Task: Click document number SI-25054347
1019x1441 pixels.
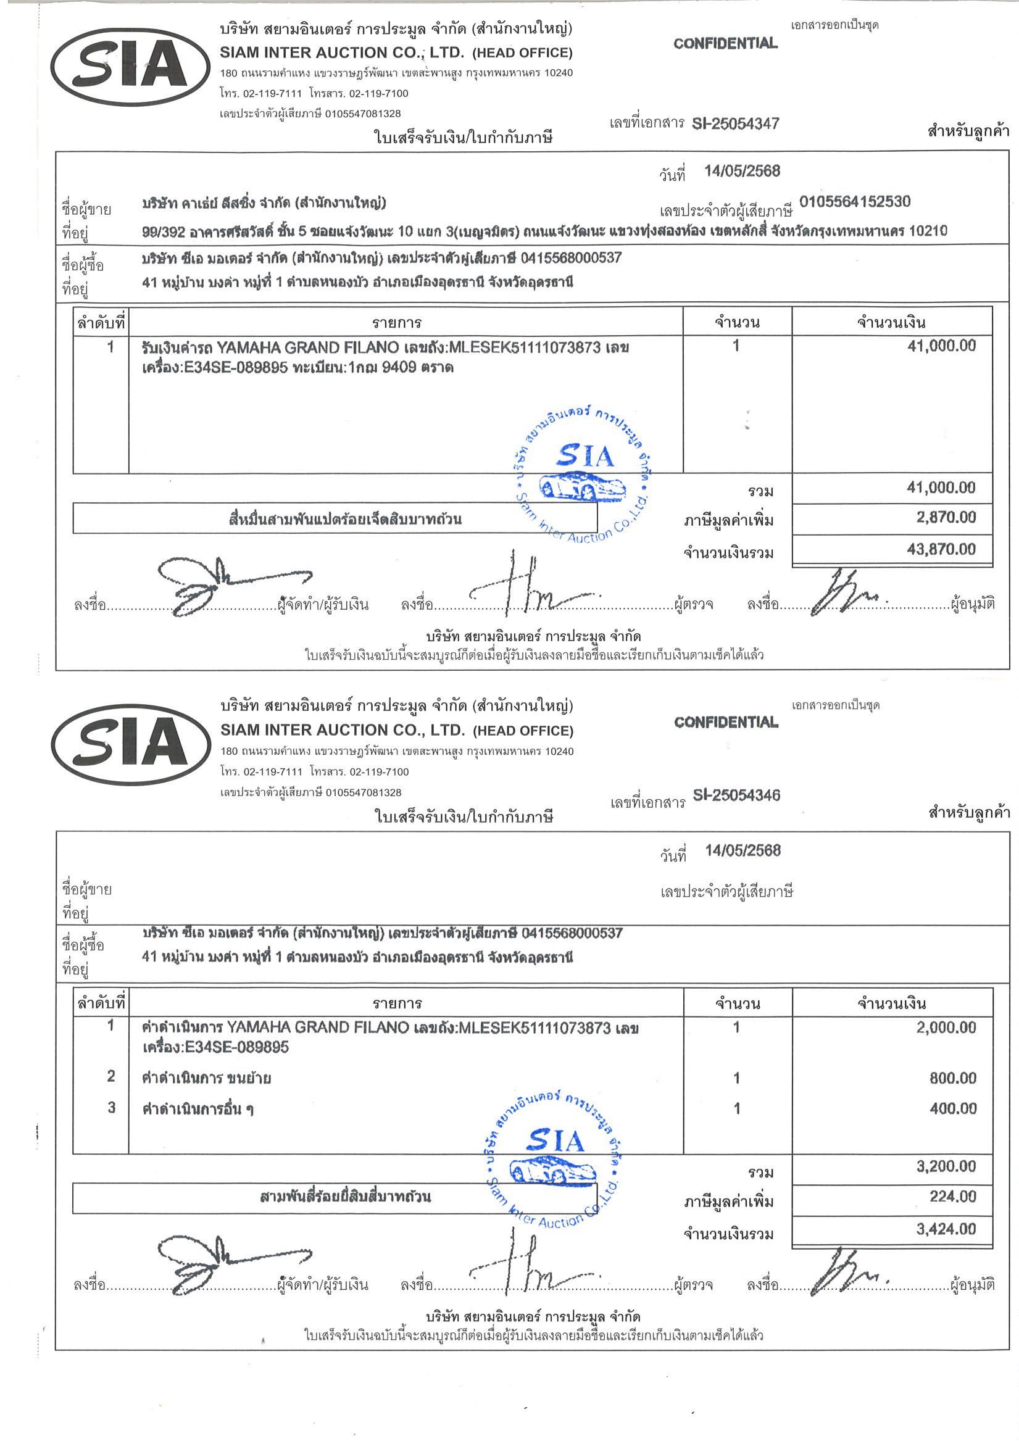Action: [x=735, y=123]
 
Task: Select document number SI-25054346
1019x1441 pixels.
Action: [x=736, y=795]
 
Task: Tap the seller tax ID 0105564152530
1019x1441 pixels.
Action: [x=854, y=202]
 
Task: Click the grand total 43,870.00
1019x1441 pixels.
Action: [x=941, y=549]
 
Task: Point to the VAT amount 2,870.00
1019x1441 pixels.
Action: [x=946, y=517]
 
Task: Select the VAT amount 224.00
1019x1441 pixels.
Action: [x=952, y=1196]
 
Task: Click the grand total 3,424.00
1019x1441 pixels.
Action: [x=946, y=1228]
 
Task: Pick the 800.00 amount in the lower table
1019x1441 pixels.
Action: [x=952, y=1078]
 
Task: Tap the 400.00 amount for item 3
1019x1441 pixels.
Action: [x=952, y=1108]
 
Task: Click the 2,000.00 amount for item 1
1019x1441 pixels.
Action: [x=946, y=1028]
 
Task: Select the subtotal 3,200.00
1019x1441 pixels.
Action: [x=946, y=1166]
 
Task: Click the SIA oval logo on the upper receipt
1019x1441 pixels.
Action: [x=131, y=67]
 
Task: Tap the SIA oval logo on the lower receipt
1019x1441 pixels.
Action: [x=131, y=745]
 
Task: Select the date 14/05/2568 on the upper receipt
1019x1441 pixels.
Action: [x=741, y=171]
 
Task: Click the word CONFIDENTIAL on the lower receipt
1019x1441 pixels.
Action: [x=726, y=723]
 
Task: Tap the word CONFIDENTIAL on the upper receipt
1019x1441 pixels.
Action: [x=725, y=43]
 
